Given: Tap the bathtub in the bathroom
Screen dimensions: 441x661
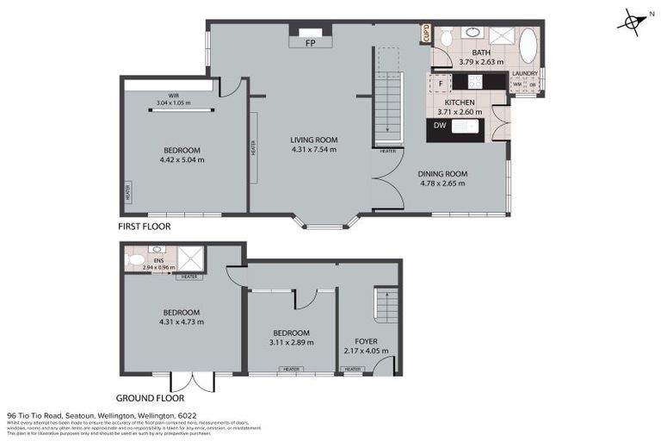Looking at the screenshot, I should (527, 47).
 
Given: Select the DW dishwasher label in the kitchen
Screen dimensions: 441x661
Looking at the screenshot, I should (439, 126).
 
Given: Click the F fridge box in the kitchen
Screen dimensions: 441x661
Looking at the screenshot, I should (440, 83).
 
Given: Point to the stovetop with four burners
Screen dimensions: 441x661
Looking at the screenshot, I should (474, 82).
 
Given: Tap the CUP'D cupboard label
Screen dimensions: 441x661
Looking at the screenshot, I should (425, 34).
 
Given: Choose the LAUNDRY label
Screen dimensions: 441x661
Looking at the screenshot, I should (524, 74).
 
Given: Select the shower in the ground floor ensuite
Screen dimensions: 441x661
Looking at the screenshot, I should (191, 257).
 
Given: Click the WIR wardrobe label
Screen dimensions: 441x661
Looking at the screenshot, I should (173, 96).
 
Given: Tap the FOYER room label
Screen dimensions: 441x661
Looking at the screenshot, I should (366, 341).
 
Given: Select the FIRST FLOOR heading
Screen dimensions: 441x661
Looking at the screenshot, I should (145, 227).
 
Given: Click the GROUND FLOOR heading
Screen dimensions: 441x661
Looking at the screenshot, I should (151, 398).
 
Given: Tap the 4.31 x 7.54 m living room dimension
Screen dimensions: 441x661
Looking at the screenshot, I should (313, 150).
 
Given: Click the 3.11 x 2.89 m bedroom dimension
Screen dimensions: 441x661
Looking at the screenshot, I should (290, 342).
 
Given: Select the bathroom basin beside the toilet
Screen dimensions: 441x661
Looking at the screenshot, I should (471, 33).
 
